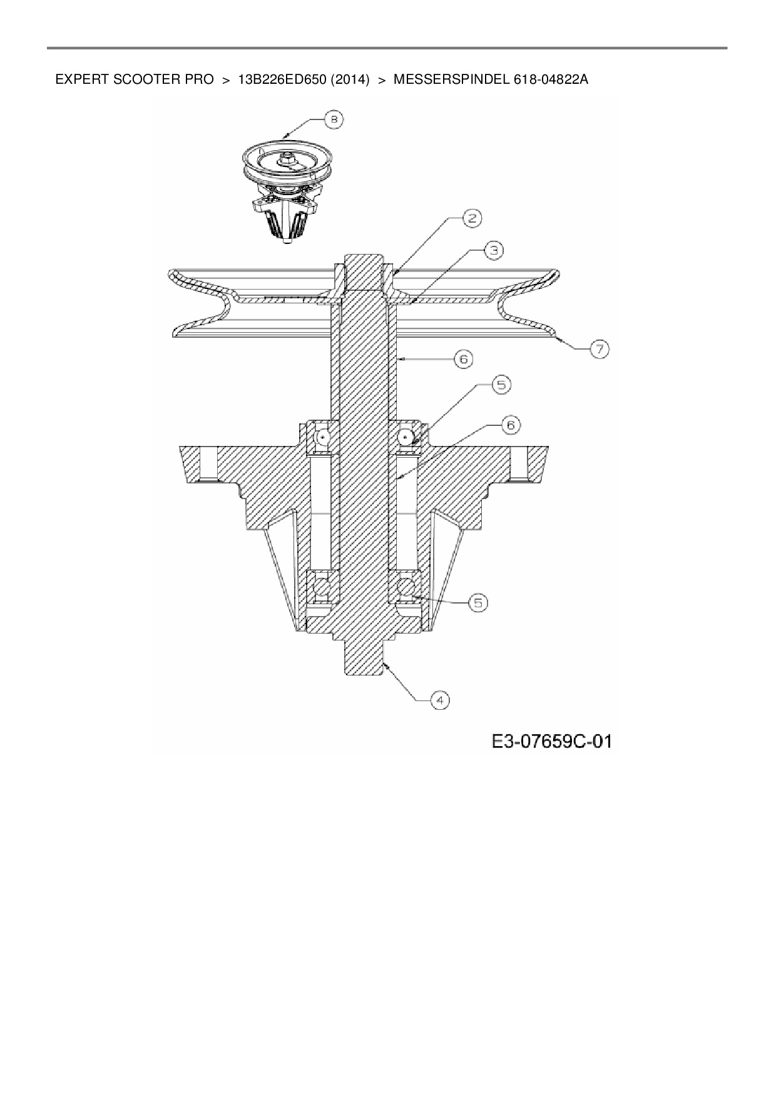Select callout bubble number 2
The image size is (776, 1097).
(472, 218)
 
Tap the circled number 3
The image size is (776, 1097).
(494, 250)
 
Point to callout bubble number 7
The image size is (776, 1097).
(599, 348)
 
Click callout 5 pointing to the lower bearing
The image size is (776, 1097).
(477, 602)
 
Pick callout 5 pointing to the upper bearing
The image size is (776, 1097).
(501, 385)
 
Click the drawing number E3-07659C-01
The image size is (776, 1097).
(551, 742)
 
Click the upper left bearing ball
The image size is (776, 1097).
(323, 437)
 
